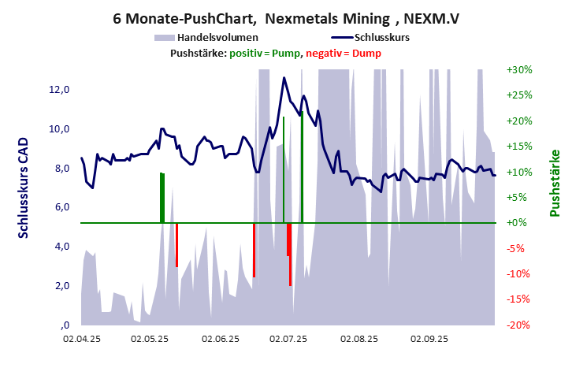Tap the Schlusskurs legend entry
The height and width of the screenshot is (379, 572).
[381, 37]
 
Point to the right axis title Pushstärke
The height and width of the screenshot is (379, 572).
[554, 183]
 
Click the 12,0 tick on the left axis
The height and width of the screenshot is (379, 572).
[61, 90]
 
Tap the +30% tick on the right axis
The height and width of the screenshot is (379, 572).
[519, 70]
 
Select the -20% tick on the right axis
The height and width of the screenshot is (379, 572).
[519, 325]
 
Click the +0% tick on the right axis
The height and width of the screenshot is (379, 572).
[519, 223]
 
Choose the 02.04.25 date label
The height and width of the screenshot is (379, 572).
[82, 340]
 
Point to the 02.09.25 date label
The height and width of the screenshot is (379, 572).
[429, 340]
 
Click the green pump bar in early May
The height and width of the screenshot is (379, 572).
[162, 197]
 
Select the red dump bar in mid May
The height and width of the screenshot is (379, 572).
[176, 245]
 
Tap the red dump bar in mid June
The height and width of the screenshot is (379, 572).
[254, 250]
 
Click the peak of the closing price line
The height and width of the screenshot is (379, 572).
[284, 78]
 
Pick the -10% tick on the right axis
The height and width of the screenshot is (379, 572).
[519, 273]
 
